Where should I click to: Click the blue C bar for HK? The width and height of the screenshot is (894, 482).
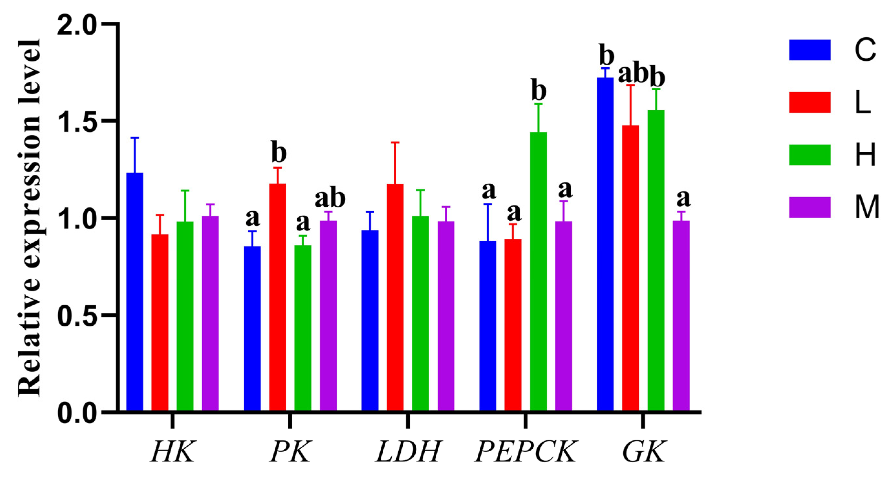[x=135, y=292]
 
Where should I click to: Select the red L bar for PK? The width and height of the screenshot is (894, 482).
[x=278, y=297]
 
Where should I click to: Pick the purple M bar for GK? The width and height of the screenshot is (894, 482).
[x=681, y=316]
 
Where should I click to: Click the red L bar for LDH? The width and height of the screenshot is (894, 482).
[x=395, y=297]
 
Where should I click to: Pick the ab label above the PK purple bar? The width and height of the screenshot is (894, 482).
[x=330, y=198]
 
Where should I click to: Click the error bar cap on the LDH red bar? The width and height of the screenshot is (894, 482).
[x=395, y=142]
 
